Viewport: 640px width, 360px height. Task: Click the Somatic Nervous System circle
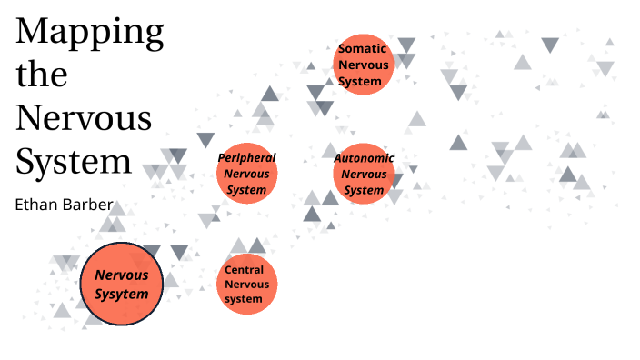point(364,64)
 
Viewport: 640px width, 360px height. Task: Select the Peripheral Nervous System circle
point(246,173)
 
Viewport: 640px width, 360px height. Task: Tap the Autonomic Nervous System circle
point(364,173)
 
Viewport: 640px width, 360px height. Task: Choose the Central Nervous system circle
point(245,285)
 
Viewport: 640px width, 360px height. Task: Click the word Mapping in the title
point(90,33)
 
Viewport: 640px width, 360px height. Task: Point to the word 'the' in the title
point(42,75)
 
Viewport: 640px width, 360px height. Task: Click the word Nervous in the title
point(84,117)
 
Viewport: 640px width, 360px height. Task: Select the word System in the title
point(75,161)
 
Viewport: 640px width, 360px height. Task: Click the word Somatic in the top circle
point(363,48)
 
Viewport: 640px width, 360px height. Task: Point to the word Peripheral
point(246,157)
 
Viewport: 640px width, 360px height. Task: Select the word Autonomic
point(364,157)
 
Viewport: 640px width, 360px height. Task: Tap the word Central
point(244,269)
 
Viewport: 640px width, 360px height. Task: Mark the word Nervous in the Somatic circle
point(363,65)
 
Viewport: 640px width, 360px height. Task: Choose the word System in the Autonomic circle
point(364,190)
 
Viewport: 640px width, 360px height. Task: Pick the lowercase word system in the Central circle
point(244,299)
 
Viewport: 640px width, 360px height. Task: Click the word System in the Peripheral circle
point(246,190)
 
